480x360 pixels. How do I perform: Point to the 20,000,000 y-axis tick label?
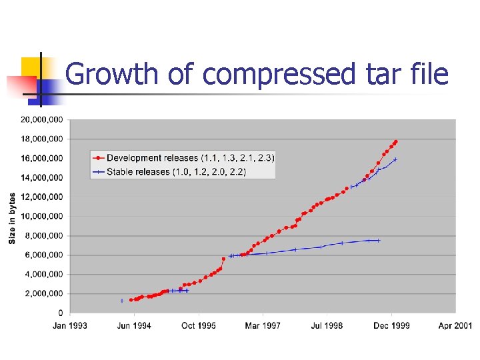pyautogui.click(x=42, y=119)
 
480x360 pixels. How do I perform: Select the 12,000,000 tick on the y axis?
pyautogui.click(x=42, y=197)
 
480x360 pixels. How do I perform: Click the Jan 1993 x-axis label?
pyautogui.click(x=70, y=325)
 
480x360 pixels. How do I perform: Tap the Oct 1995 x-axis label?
pyautogui.click(x=199, y=325)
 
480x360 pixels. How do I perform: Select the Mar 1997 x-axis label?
pyautogui.click(x=263, y=325)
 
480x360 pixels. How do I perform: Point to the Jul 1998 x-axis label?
pyautogui.click(x=327, y=325)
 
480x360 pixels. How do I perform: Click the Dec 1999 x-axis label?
pyautogui.click(x=392, y=325)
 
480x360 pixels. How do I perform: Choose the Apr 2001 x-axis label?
pyautogui.click(x=455, y=325)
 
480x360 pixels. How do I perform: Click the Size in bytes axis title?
pyautogui.click(x=12, y=218)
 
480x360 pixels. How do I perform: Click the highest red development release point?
pyautogui.click(x=395, y=141)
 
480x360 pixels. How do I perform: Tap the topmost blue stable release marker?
pyautogui.click(x=395, y=159)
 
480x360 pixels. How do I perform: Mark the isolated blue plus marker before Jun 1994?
pyautogui.click(x=122, y=301)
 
